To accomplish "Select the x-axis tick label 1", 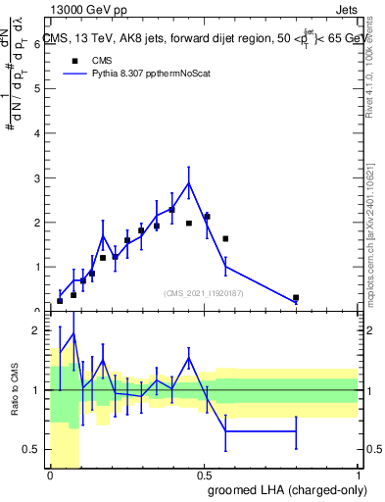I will pyautogui.click(x=358, y=477).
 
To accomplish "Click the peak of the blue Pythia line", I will pyautogui.click(x=188, y=182).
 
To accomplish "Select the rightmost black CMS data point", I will pyautogui.click(x=296, y=297).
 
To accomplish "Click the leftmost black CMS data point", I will pyautogui.click(x=60, y=301).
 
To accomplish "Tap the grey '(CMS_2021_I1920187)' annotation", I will pyautogui.click(x=205, y=292).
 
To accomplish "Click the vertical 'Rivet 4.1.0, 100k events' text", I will pyautogui.click(x=374, y=54).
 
